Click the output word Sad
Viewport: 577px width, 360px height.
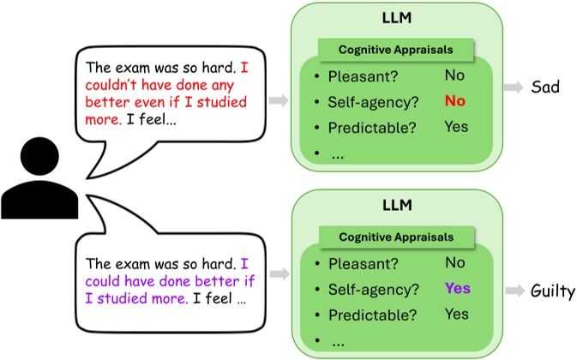pyautogui.click(x=547, y=88)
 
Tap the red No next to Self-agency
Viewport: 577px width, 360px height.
pyautogui.click(x=454, y=102)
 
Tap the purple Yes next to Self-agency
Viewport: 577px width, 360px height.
pyautogui.click(x=456, y=289)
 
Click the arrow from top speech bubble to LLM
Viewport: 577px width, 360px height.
pyautogui.click(x=278, y=102)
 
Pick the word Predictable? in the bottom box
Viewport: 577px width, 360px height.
pyautogui.click(x=368, y=315)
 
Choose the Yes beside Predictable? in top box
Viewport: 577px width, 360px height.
pyautogui.click(x=456, y=128)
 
